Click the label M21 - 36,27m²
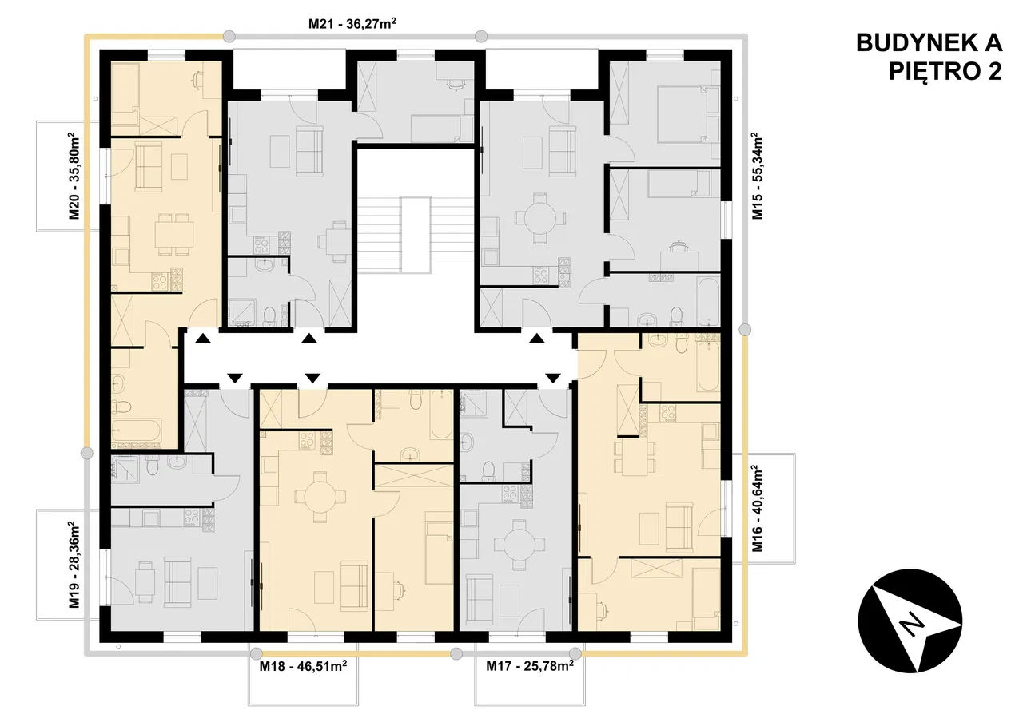coord(352,23)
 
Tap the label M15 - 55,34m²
coord(757,176)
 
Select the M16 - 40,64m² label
coord(757,509)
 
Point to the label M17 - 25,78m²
coord(530,666)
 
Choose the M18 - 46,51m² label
coord(303,666)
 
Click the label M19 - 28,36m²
coord(74,565)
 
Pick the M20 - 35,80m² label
coord(74,176)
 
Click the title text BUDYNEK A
coord(929,43)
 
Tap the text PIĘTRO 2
coord(945,72)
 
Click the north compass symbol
coord(910,621)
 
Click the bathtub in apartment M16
coord(708,367)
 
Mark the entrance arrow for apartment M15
coord(537,338)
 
